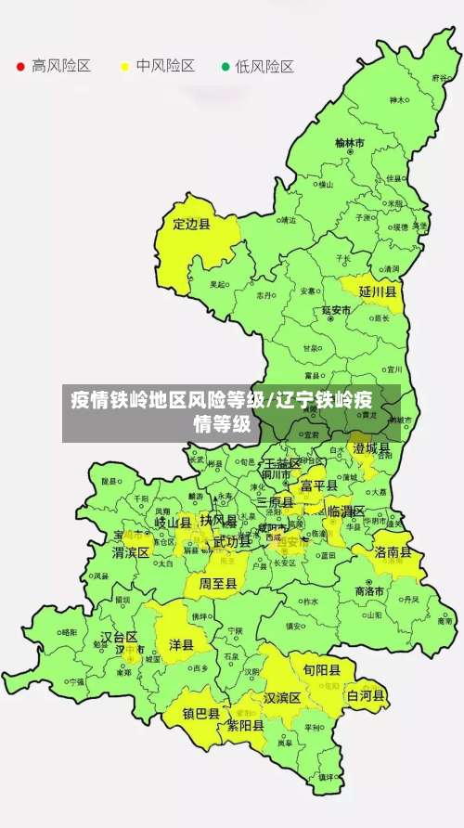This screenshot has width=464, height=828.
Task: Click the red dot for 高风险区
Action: (20, 67)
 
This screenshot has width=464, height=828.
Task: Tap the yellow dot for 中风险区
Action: (124, 67)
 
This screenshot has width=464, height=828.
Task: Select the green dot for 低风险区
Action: (225, 67)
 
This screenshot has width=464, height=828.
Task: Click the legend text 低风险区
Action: (264, 67)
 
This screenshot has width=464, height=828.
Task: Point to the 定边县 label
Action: (192, 224)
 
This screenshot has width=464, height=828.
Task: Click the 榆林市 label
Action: (350, 143)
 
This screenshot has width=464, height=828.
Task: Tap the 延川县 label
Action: (378, 291)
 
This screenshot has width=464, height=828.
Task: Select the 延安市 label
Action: (336, 309)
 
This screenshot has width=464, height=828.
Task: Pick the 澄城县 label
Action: (371, 448)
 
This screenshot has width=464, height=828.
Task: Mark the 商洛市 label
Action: (369, 591)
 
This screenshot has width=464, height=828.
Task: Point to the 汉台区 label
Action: (119, 638)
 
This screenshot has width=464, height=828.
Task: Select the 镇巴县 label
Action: (200, 714)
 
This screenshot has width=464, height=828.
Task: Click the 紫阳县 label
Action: (246, 726)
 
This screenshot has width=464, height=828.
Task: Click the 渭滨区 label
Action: (131, 551)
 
